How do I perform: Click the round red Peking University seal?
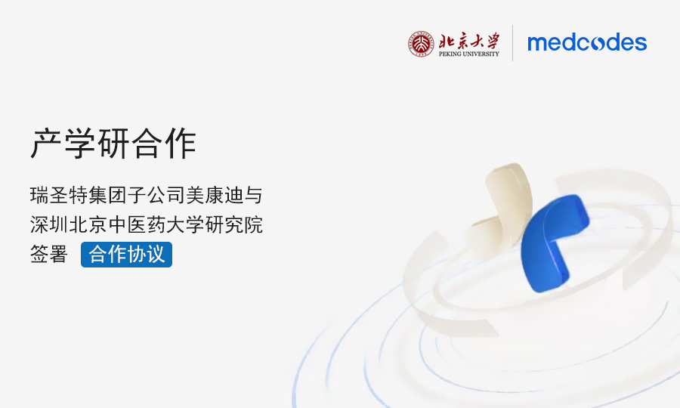coord(421,44)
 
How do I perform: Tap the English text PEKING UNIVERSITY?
coord(468,54)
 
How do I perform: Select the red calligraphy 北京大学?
coord(469,41)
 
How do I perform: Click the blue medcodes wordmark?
coord(587,42)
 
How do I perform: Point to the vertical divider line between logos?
coord(512,43)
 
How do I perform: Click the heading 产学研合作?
coord(113,143)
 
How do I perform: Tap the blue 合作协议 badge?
coord(126,255)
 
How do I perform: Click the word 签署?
coord(49,254)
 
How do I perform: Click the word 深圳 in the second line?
coord(49,224)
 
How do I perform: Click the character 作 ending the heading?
coord(181,143)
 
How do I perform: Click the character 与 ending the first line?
coord(253,195)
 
